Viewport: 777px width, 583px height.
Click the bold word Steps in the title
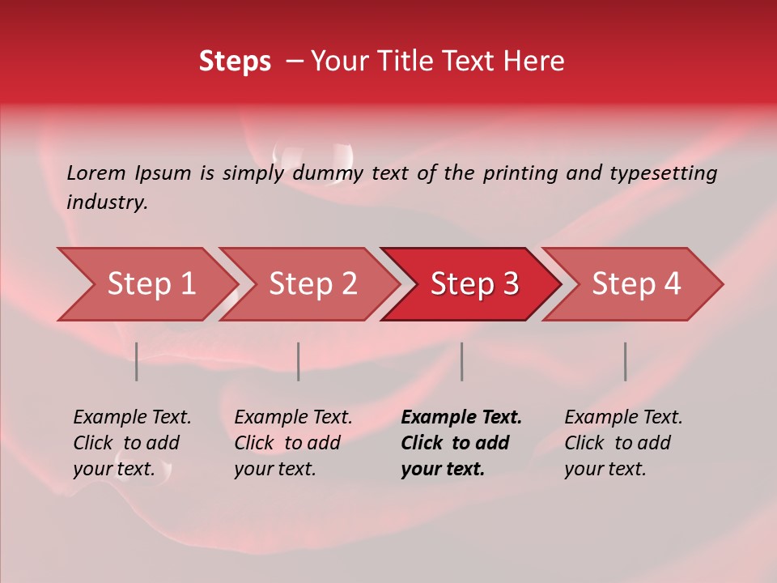click(235, 62)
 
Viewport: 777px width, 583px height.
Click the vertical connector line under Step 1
click(137, 361)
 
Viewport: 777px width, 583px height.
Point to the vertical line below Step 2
click(299, 361)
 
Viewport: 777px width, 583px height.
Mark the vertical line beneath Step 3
click(461, 361)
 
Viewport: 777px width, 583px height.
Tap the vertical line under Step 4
click(625, 361)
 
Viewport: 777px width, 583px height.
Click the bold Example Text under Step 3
click(461, 443)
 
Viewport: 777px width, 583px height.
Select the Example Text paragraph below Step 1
click(132, 443)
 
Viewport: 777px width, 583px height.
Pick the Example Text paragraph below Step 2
click(293, 443)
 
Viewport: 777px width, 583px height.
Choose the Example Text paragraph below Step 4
click(623, 443)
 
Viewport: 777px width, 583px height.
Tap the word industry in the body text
click(106, 202)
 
